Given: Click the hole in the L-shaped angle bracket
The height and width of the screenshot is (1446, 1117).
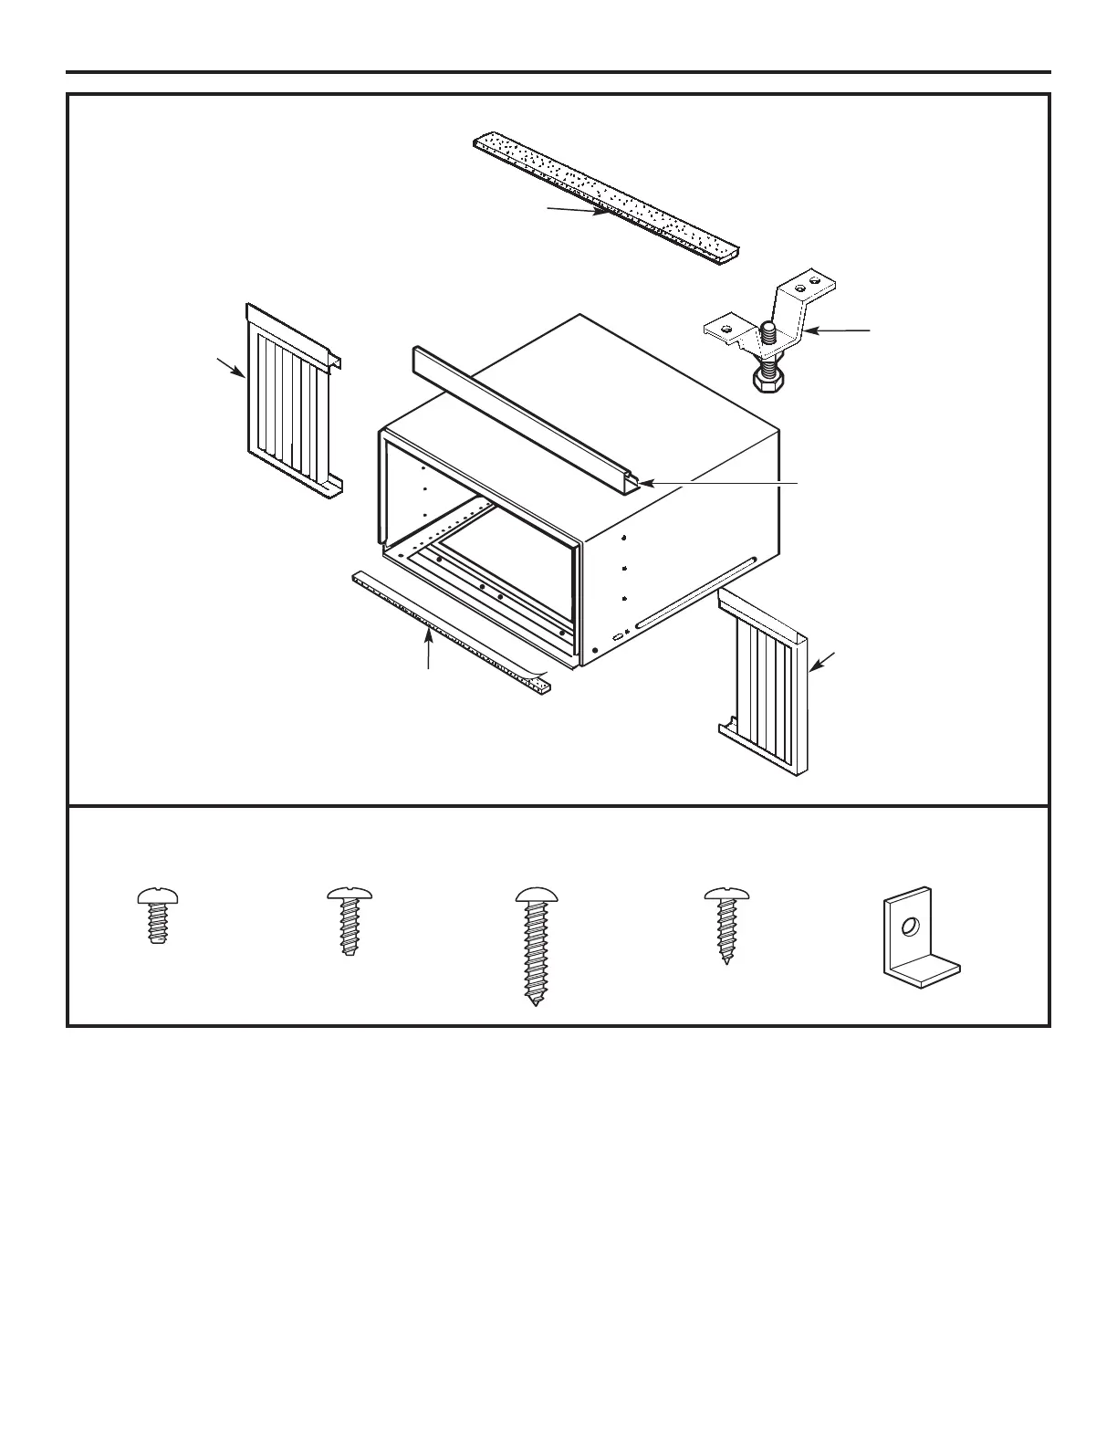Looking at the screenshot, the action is click(x=908, y=927).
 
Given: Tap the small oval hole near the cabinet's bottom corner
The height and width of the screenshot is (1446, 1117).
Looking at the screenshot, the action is click(x=618, y=635).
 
